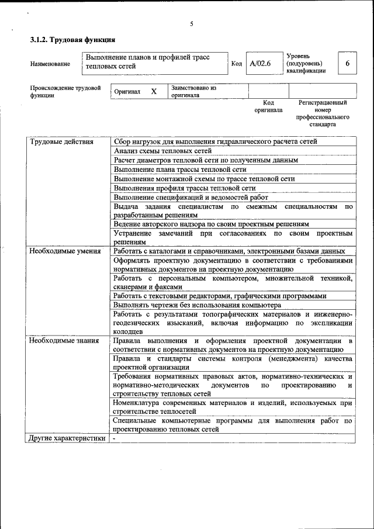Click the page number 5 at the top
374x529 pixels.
[191, 24]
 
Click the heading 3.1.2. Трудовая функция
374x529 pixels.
[72, 40]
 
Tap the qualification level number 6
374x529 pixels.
[348, 63]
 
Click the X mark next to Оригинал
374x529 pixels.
[154, 92]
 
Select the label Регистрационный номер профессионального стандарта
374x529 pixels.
[322, 113]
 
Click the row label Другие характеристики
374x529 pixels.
[67, 438]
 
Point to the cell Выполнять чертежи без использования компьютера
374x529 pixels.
[198, 305]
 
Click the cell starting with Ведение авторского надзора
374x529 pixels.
[211, 224]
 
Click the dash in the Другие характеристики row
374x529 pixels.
[115, 438]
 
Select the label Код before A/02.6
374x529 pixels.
[237, 64]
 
